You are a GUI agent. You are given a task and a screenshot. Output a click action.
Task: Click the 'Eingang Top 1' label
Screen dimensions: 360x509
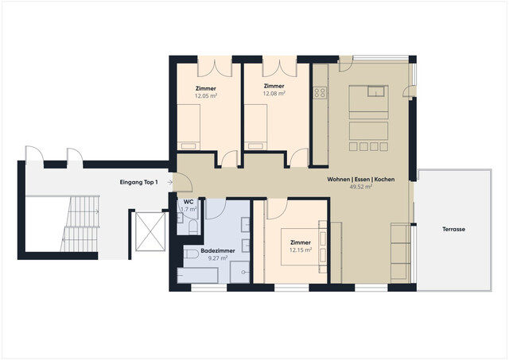coord(140,183)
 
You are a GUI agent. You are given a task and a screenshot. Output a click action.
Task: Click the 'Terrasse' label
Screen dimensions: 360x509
coord(454,229)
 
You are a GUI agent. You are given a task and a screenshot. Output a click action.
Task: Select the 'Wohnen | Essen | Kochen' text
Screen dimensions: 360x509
coord(360,180)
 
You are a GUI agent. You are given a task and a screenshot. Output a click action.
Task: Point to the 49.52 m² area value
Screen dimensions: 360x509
coord(360,188)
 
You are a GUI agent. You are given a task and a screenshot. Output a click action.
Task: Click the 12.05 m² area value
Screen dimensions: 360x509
coord(206,95)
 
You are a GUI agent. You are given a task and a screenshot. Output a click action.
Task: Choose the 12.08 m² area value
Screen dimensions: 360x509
coord(274,95)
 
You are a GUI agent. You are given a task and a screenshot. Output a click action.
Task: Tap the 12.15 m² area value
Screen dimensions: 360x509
coord(301,250)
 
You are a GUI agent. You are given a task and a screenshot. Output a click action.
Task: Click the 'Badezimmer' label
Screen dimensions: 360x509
coord(216,250)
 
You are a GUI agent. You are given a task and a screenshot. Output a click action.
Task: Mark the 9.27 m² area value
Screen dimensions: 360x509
coord(216,258)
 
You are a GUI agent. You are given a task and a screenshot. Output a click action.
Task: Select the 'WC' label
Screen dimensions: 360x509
coord(188,203)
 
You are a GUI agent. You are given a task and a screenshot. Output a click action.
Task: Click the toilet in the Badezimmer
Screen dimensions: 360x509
coord(191,254)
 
